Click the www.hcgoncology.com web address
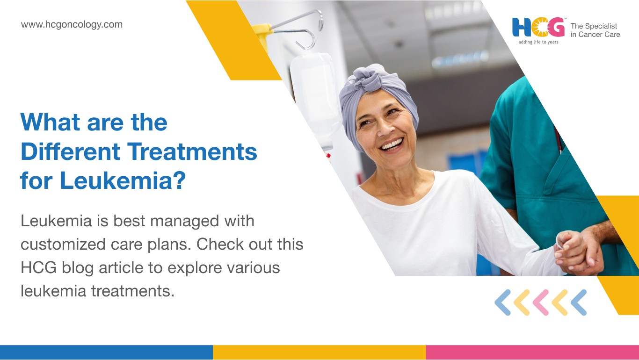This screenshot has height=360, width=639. coord(72,25)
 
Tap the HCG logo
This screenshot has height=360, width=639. coord(538,28)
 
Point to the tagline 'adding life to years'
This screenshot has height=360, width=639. coord(538,42)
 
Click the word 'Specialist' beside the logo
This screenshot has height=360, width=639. coord(602,26)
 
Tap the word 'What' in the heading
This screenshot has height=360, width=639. coord(50,122)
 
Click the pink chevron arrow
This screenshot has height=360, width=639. coord(541,302)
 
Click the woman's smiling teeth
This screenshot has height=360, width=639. coord(392,144)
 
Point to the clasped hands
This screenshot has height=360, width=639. coord(579,252)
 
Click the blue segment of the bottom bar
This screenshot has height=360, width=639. coord(106,353)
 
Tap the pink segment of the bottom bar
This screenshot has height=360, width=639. coord(533,353)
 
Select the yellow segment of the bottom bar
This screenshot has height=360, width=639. coord(319,353)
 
